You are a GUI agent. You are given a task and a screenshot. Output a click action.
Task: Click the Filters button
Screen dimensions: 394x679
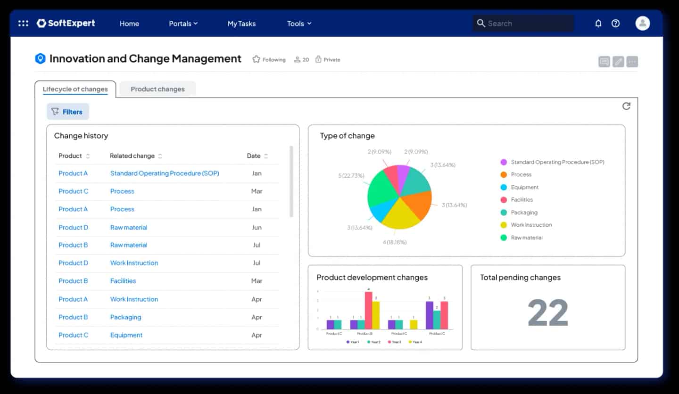pos(67,112)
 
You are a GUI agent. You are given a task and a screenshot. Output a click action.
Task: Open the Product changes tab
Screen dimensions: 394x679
pos(157,89)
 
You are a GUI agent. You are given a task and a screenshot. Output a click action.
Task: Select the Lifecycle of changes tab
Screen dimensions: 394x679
pos(75,89)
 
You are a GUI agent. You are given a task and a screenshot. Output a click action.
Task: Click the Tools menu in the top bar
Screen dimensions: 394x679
pos(299,24)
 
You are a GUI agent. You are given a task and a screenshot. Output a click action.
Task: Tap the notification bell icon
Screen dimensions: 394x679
pos(598,24)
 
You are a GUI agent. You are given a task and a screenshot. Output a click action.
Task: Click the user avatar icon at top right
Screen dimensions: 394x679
pos(642,23)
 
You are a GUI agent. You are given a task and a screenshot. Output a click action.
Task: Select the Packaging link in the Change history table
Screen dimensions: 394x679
pos(125,317)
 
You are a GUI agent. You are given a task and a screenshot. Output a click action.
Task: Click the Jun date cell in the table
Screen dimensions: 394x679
pos(257,227)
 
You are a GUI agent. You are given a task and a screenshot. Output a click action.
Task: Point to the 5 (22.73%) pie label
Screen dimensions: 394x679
pos(351,176)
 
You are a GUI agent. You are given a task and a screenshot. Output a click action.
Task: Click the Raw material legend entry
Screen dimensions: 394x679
pos(526,238)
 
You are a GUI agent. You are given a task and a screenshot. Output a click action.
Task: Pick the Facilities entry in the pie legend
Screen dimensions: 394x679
pos(522,200)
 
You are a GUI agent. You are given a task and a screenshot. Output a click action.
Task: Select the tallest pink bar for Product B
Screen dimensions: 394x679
pos(368,310)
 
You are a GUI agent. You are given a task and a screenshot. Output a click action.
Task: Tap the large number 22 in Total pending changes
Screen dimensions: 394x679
pos(547,312)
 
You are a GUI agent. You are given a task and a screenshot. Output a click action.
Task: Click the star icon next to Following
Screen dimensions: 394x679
pos(256,59)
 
